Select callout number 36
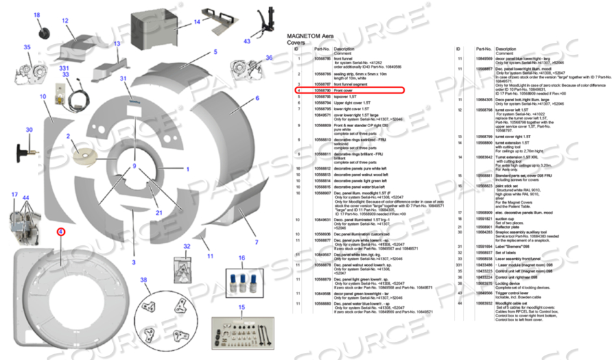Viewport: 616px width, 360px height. coord(269,58)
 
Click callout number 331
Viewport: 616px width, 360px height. coord(64,68)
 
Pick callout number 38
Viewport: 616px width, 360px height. coord(144,280)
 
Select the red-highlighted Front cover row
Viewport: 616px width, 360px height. coord(350,91)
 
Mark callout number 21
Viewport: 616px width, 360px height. coord(158,212)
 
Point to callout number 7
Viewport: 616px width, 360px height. coord(256,242)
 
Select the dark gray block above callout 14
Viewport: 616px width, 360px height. coord(154,24)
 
